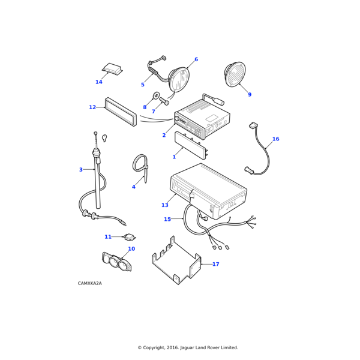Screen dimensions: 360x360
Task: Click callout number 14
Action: (99, 82)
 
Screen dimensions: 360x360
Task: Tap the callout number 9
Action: (250, 95)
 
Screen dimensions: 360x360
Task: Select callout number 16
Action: (275, 139)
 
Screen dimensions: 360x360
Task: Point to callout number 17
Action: (215, 264)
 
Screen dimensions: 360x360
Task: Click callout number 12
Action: (92, 107)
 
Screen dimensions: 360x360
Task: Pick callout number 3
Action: (81, 170)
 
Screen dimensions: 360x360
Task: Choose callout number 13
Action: (164, 205)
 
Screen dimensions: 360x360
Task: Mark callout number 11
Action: (108, 237)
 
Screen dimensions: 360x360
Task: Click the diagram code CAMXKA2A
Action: (90, 283)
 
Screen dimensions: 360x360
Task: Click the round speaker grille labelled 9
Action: (235, 74)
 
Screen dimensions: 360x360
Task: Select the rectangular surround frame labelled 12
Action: (120, 112)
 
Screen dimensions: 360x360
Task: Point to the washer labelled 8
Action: (156, 96)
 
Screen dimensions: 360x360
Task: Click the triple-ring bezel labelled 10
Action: (116, 262)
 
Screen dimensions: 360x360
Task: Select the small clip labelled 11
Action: (130, 237)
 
